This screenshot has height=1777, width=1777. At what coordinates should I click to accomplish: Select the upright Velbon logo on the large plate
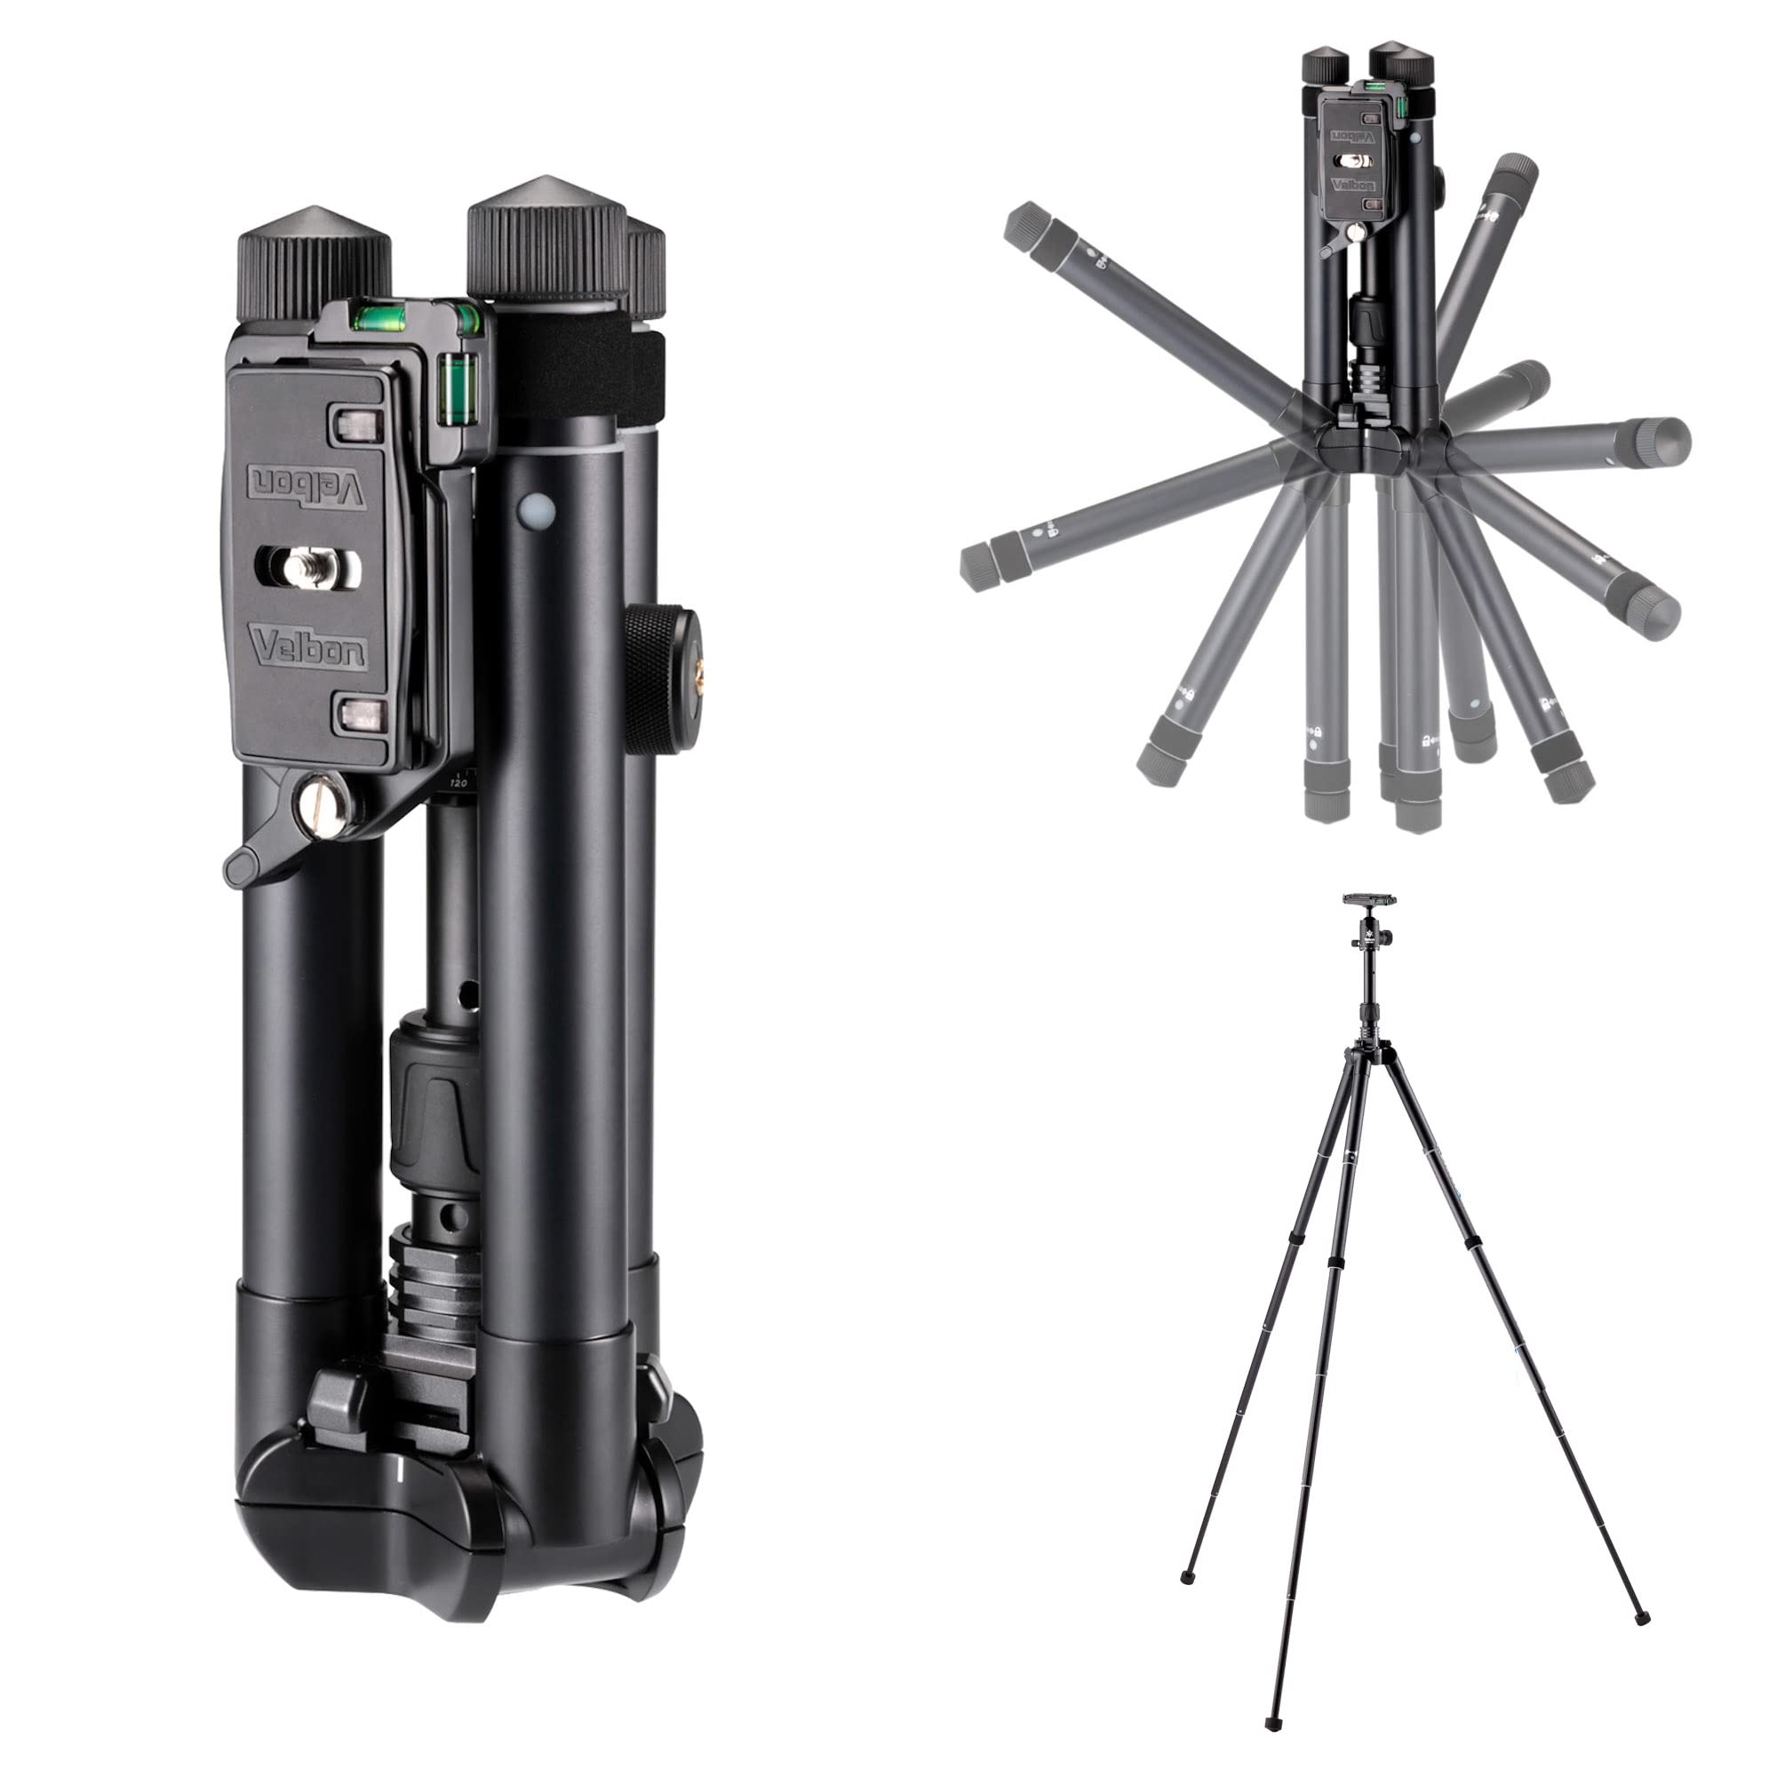point(308,648)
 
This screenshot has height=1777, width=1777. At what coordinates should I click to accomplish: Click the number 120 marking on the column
point(458,783)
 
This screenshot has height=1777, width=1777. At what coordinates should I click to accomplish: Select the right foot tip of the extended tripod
point(1643,1619)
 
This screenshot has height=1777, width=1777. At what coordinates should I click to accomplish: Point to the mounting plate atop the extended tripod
point(1369,898)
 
